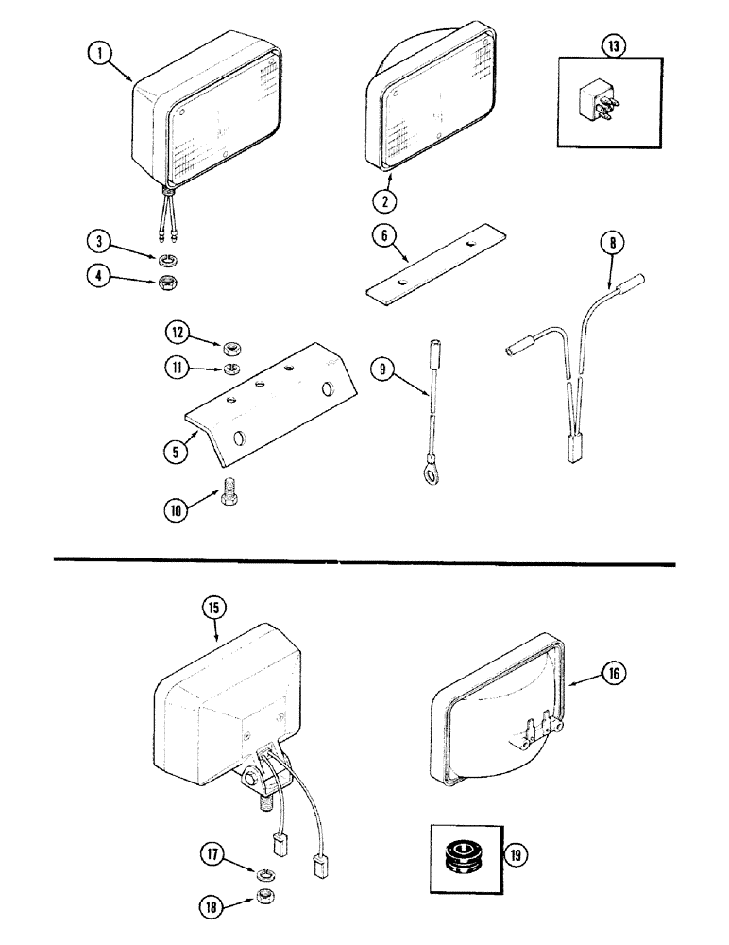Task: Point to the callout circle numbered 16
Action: [x=613, y=673]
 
